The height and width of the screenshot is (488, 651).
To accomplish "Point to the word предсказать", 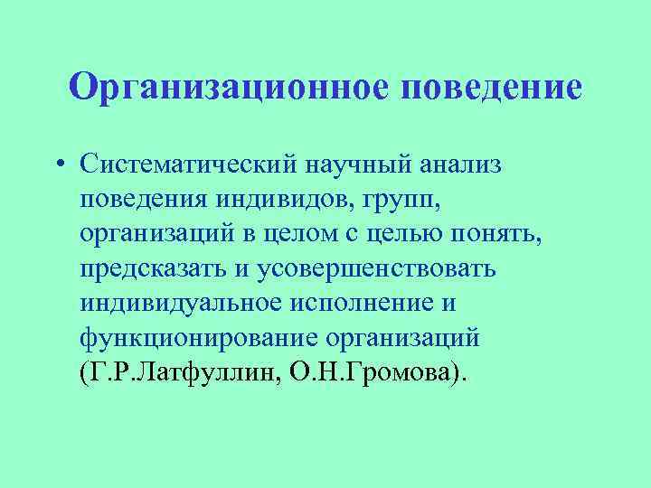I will pos(156,268).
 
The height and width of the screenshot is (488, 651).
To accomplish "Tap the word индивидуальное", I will pos(184,303).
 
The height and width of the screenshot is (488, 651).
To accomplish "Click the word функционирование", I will pos(187,337).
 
